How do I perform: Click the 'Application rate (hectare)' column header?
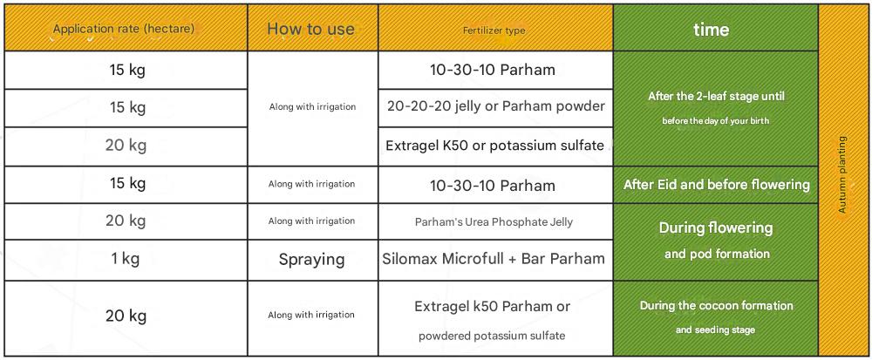(x=124, y=30)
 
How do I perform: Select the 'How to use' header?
(x=311, y=29)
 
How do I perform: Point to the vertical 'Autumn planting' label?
(x=842, y=174)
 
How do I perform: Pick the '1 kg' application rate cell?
(x=125, y=258)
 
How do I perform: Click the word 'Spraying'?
(x=311, y=260)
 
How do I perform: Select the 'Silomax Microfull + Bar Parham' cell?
(x=494, y=258)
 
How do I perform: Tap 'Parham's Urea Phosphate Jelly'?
(x=494, y=221)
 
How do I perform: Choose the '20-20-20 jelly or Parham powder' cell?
(x=494, y=105)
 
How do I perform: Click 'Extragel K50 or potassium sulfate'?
(x=494, y=145)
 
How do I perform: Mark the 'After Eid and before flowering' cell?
(x=716, y=185)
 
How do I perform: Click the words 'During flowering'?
(x=716, y=228)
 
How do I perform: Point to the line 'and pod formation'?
(x=717, y=254)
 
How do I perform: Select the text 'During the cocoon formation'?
(x=716, y=306)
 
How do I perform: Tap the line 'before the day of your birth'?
(x=716, y=120)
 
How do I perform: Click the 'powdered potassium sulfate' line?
(x=492, y=336)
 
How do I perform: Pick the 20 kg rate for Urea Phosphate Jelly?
(x=126, y=221)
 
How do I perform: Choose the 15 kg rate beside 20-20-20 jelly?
(x=127, y=107)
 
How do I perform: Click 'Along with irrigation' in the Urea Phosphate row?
(x=311, y=221)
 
